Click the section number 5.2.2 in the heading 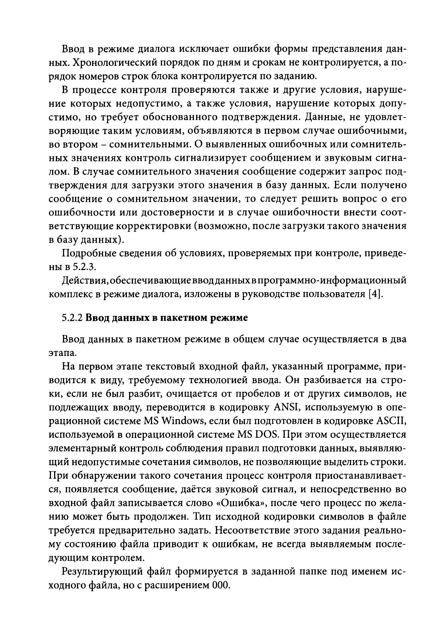pos(72,318)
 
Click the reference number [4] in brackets pos(376,294)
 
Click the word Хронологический pos(115,63)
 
